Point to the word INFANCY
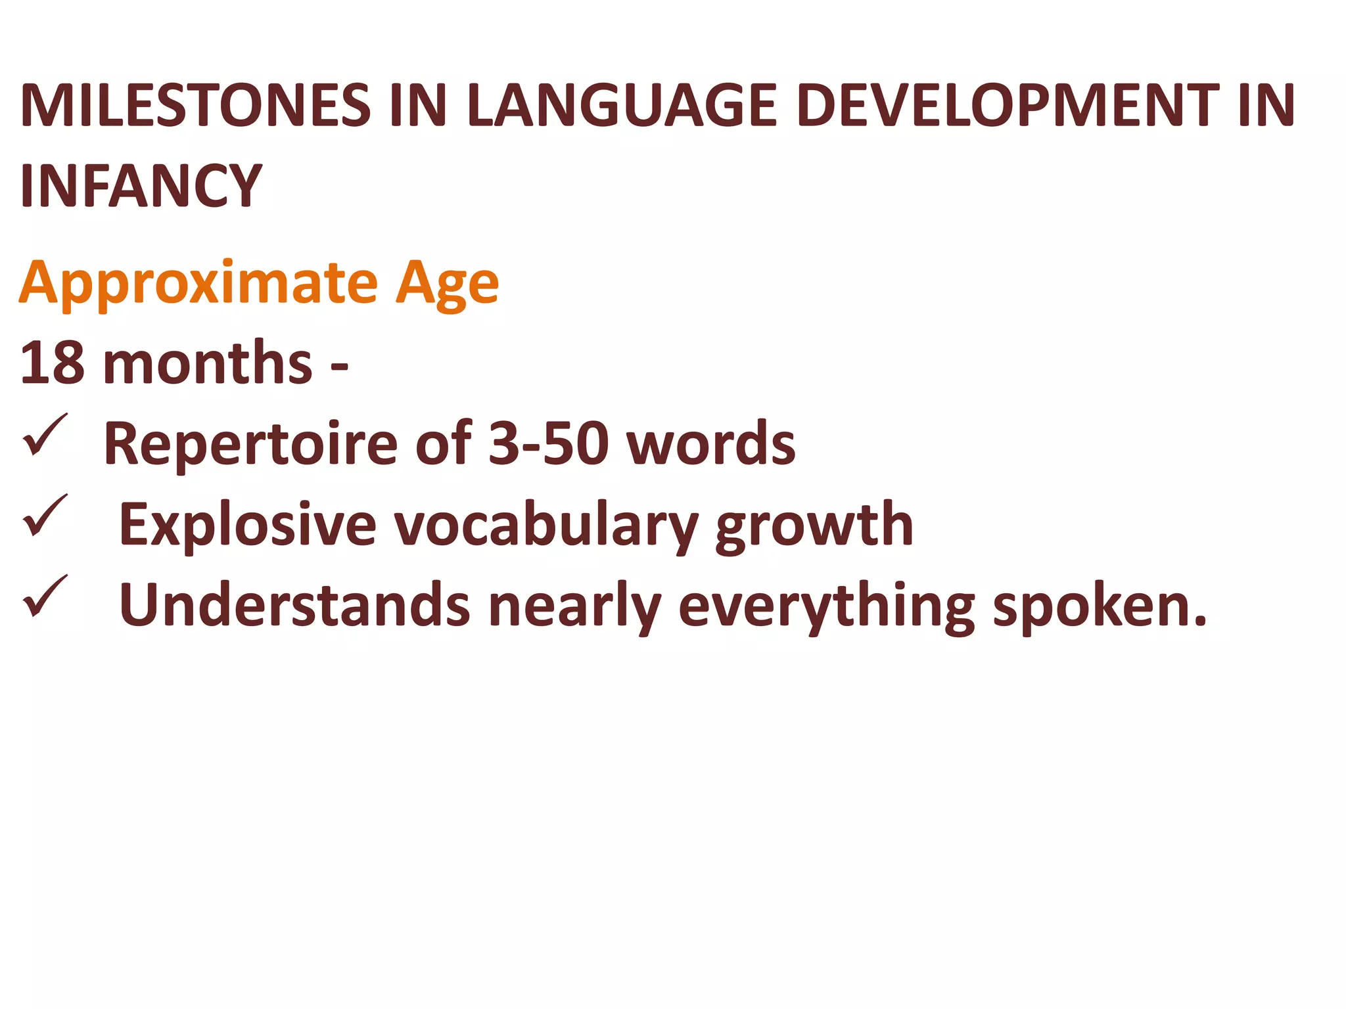pos(141,186)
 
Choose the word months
pos(208,363)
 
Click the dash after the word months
pos(339,365)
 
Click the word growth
pos(814,526)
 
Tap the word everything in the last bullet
pos(826,606)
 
